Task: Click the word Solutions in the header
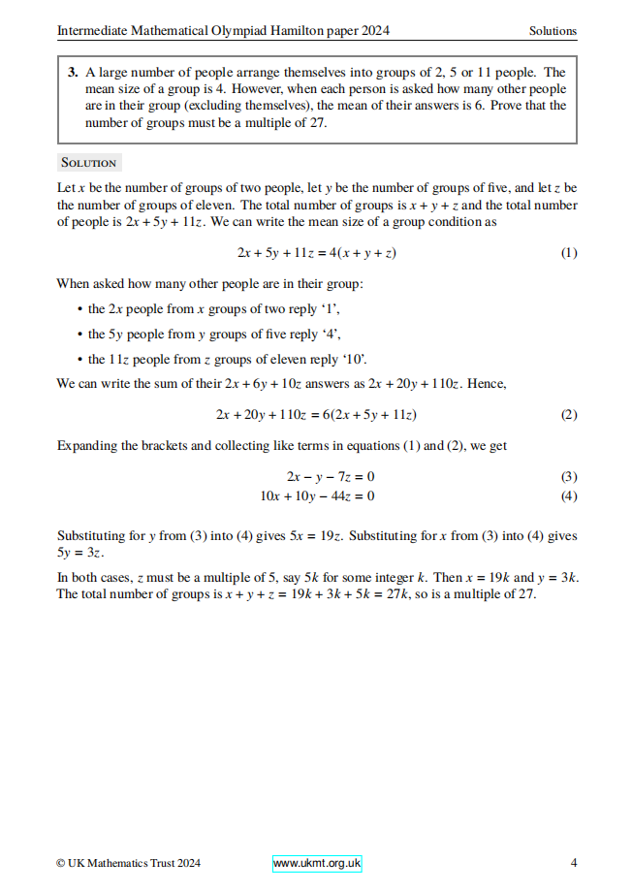coord(553,31)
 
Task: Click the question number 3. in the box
coord(74,73)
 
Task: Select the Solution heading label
coord(87,163)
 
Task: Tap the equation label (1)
coord(569,253)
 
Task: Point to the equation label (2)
coord(569,415)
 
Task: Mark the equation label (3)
coord(569,477)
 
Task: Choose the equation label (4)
coord(569,495)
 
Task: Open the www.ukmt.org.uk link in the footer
coord(317,863)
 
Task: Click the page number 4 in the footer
coord(574,863)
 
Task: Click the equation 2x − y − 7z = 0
coord(331,477)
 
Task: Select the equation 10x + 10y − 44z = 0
coord(318,495)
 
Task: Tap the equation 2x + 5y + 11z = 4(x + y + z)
coord(317,253)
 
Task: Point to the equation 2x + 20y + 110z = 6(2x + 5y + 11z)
coord(316,415)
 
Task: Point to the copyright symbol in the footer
coord(61,863)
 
